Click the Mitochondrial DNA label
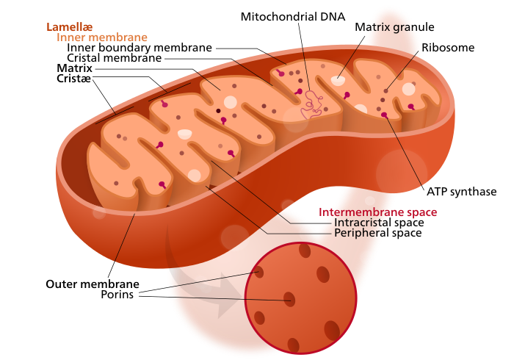click(x=293, y=17)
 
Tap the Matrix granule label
click(x=394, y=27)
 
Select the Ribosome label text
click(x=448, y=48)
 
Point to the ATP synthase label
click(x=462, y=192)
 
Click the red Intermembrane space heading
click(x=377, y=212)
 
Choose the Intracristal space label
click(x=379, y=223)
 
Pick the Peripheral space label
click(x=378, y=233)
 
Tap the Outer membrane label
click(x=93, y=284)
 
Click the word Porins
click(x=117, y=295)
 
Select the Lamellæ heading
click(x=70, y=27)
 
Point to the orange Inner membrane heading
click(x=102, y=37)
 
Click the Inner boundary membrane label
click(x=140, y=48)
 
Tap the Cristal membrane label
click(x=114, y=58)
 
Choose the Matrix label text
click(x=74, y=68)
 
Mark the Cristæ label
click(x=73, y=79)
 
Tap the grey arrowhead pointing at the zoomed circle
click(x=229, y=295)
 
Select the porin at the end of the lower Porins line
click(x=289, y=299)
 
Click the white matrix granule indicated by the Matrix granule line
click(x=338, y=80)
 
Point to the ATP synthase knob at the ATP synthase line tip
click(x=385, y=115)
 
